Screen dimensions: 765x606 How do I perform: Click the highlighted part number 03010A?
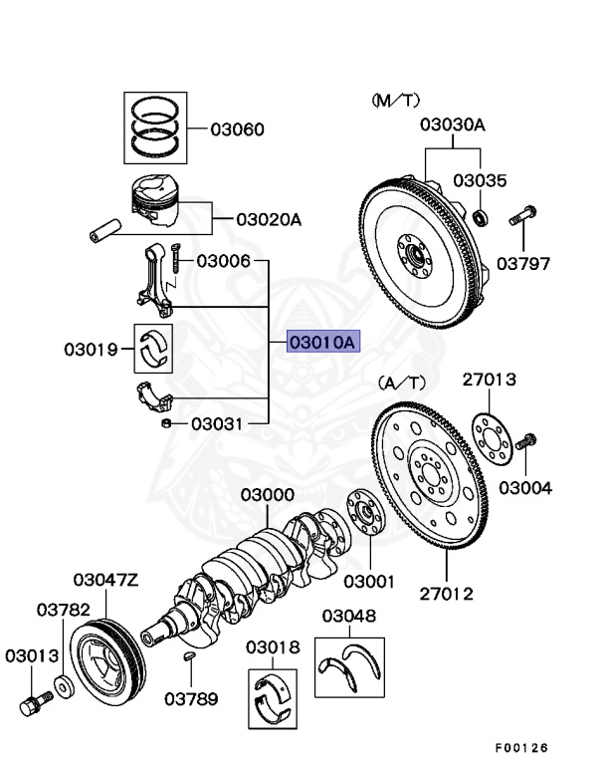point(321,343)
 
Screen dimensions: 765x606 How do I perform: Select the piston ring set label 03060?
point(237,129)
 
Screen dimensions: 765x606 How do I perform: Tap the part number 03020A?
point(268,219)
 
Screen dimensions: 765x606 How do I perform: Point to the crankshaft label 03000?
point(267,495)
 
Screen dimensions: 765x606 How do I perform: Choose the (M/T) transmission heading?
point(397,100)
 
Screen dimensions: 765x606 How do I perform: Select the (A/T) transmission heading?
point(401,382)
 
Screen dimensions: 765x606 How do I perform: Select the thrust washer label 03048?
point(347,616)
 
